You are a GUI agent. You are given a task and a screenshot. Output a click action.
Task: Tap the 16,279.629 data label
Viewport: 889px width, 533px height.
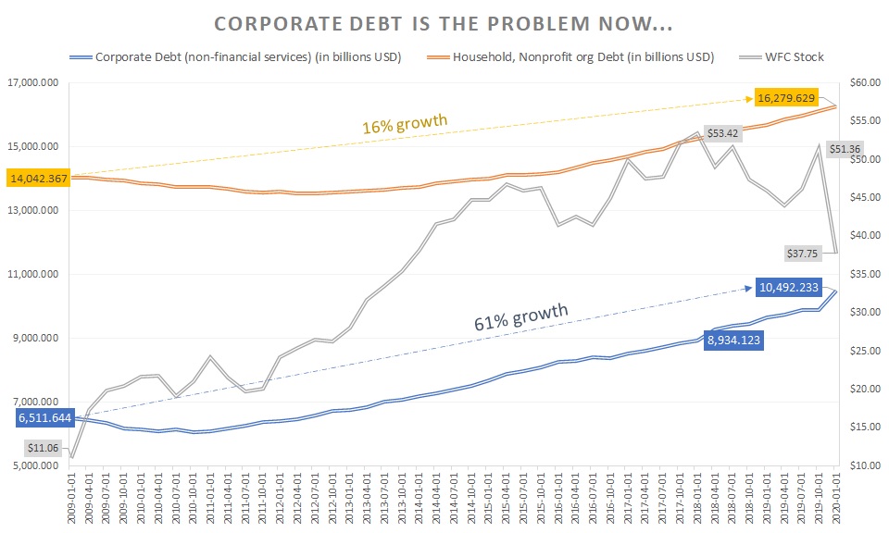[x=785, y=98]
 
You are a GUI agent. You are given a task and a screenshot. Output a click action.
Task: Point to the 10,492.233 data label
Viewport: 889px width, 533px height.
[x=785, y=287]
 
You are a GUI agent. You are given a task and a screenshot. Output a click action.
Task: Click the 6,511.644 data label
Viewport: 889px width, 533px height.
[x=44, y=419]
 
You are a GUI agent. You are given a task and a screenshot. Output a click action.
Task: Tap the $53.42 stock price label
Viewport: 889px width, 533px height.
[x=722, y=133]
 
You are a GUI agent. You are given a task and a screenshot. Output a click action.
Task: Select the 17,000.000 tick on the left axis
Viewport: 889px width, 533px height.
[x=31, y=83]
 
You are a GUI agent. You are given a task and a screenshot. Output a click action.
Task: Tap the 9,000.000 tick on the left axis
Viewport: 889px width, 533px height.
[x=33, y=338]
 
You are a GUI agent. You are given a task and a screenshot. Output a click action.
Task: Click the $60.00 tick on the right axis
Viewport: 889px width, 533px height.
[x=862, y=83]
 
